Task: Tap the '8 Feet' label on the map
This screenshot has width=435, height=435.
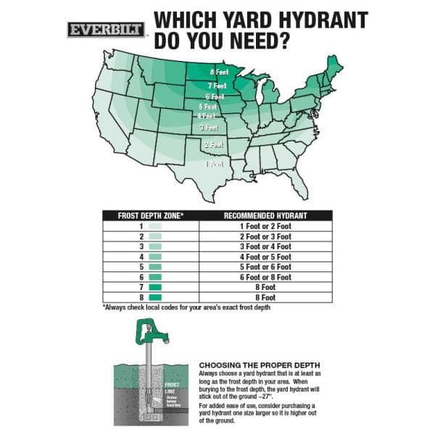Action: (x=219, y=72)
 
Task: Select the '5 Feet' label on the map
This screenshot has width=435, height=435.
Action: (x=209, y=107)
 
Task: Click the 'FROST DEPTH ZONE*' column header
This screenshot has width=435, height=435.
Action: (x=151, y=215)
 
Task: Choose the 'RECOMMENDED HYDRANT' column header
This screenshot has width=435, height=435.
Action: (x=265, y=215)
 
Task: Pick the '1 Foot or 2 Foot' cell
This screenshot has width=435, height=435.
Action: (x=265, y=226)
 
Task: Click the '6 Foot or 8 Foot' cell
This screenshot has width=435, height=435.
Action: (x=265, y=277)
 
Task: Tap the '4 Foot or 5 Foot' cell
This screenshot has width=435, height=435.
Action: (x=265, y=257)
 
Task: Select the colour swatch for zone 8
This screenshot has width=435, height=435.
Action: (x=154, y=297)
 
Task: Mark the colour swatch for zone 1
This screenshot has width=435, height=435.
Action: (x=154, y=226)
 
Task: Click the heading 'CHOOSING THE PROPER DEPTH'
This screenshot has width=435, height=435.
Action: (x=259, y=364)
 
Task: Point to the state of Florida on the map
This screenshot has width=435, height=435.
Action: (x=298, y=184)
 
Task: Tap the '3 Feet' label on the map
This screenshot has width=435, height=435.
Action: (x=210, y=128)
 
